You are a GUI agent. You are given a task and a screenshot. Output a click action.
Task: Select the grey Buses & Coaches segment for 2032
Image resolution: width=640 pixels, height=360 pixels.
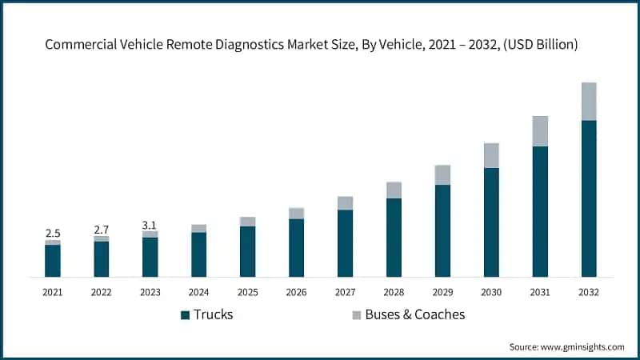point(589,102)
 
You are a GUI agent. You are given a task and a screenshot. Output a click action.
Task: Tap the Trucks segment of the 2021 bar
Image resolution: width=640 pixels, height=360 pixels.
point(53,261)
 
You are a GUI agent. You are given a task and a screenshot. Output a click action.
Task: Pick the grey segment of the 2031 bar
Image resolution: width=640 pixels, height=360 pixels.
point(540,131)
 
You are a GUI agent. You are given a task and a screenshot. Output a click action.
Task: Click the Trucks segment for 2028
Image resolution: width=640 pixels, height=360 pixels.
point(394,238)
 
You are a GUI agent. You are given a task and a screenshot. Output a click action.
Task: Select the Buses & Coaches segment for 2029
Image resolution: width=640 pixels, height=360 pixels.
point(442,175)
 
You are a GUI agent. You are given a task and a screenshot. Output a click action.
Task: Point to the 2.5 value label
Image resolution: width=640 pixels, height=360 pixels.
point(53,233)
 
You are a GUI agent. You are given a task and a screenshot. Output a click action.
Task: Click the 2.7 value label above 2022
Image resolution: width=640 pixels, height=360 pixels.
point(102,229)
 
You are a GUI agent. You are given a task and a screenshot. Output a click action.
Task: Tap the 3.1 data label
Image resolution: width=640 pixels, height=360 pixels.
point(150,225)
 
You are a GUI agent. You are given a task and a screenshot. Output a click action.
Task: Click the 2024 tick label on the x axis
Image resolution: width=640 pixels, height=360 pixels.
point(199,292)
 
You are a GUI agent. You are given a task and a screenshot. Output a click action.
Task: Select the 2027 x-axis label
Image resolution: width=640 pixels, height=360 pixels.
point(345,292)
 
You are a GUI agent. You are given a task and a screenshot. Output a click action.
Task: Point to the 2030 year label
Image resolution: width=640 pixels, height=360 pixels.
point(491,292)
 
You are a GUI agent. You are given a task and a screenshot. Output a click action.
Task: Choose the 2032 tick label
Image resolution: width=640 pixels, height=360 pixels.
point(589,292)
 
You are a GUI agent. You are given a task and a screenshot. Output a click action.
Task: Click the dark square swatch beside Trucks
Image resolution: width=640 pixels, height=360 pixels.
point(185,315)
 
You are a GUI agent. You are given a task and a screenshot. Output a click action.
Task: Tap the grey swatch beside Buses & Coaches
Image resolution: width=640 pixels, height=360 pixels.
point(356,315)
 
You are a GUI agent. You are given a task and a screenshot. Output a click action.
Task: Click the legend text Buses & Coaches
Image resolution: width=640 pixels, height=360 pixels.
point(414,314)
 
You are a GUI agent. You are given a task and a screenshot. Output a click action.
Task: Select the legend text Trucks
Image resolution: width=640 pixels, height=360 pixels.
point(214,314)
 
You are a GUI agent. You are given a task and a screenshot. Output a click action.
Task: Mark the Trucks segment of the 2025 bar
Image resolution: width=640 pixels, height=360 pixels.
point(248,251)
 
